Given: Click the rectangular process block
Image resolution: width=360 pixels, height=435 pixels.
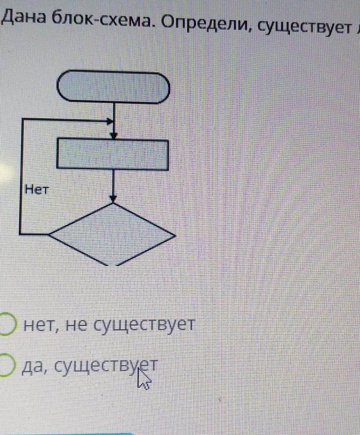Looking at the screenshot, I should coord(113,154).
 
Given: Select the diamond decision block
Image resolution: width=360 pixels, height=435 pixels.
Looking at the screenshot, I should coord(113,235).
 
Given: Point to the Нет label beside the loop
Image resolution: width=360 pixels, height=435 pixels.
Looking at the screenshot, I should coord(37,189).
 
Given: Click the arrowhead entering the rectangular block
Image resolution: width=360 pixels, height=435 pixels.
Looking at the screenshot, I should coord(114,136).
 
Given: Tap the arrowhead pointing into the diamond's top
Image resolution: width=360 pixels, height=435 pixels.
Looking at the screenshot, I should coord(113,199).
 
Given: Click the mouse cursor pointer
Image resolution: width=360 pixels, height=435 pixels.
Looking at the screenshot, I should coord(143,380).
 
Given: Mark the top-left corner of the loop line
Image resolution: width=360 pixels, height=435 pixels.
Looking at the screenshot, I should coord(21,119).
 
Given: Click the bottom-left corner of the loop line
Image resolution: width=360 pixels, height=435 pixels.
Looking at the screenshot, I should coord(21,234).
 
